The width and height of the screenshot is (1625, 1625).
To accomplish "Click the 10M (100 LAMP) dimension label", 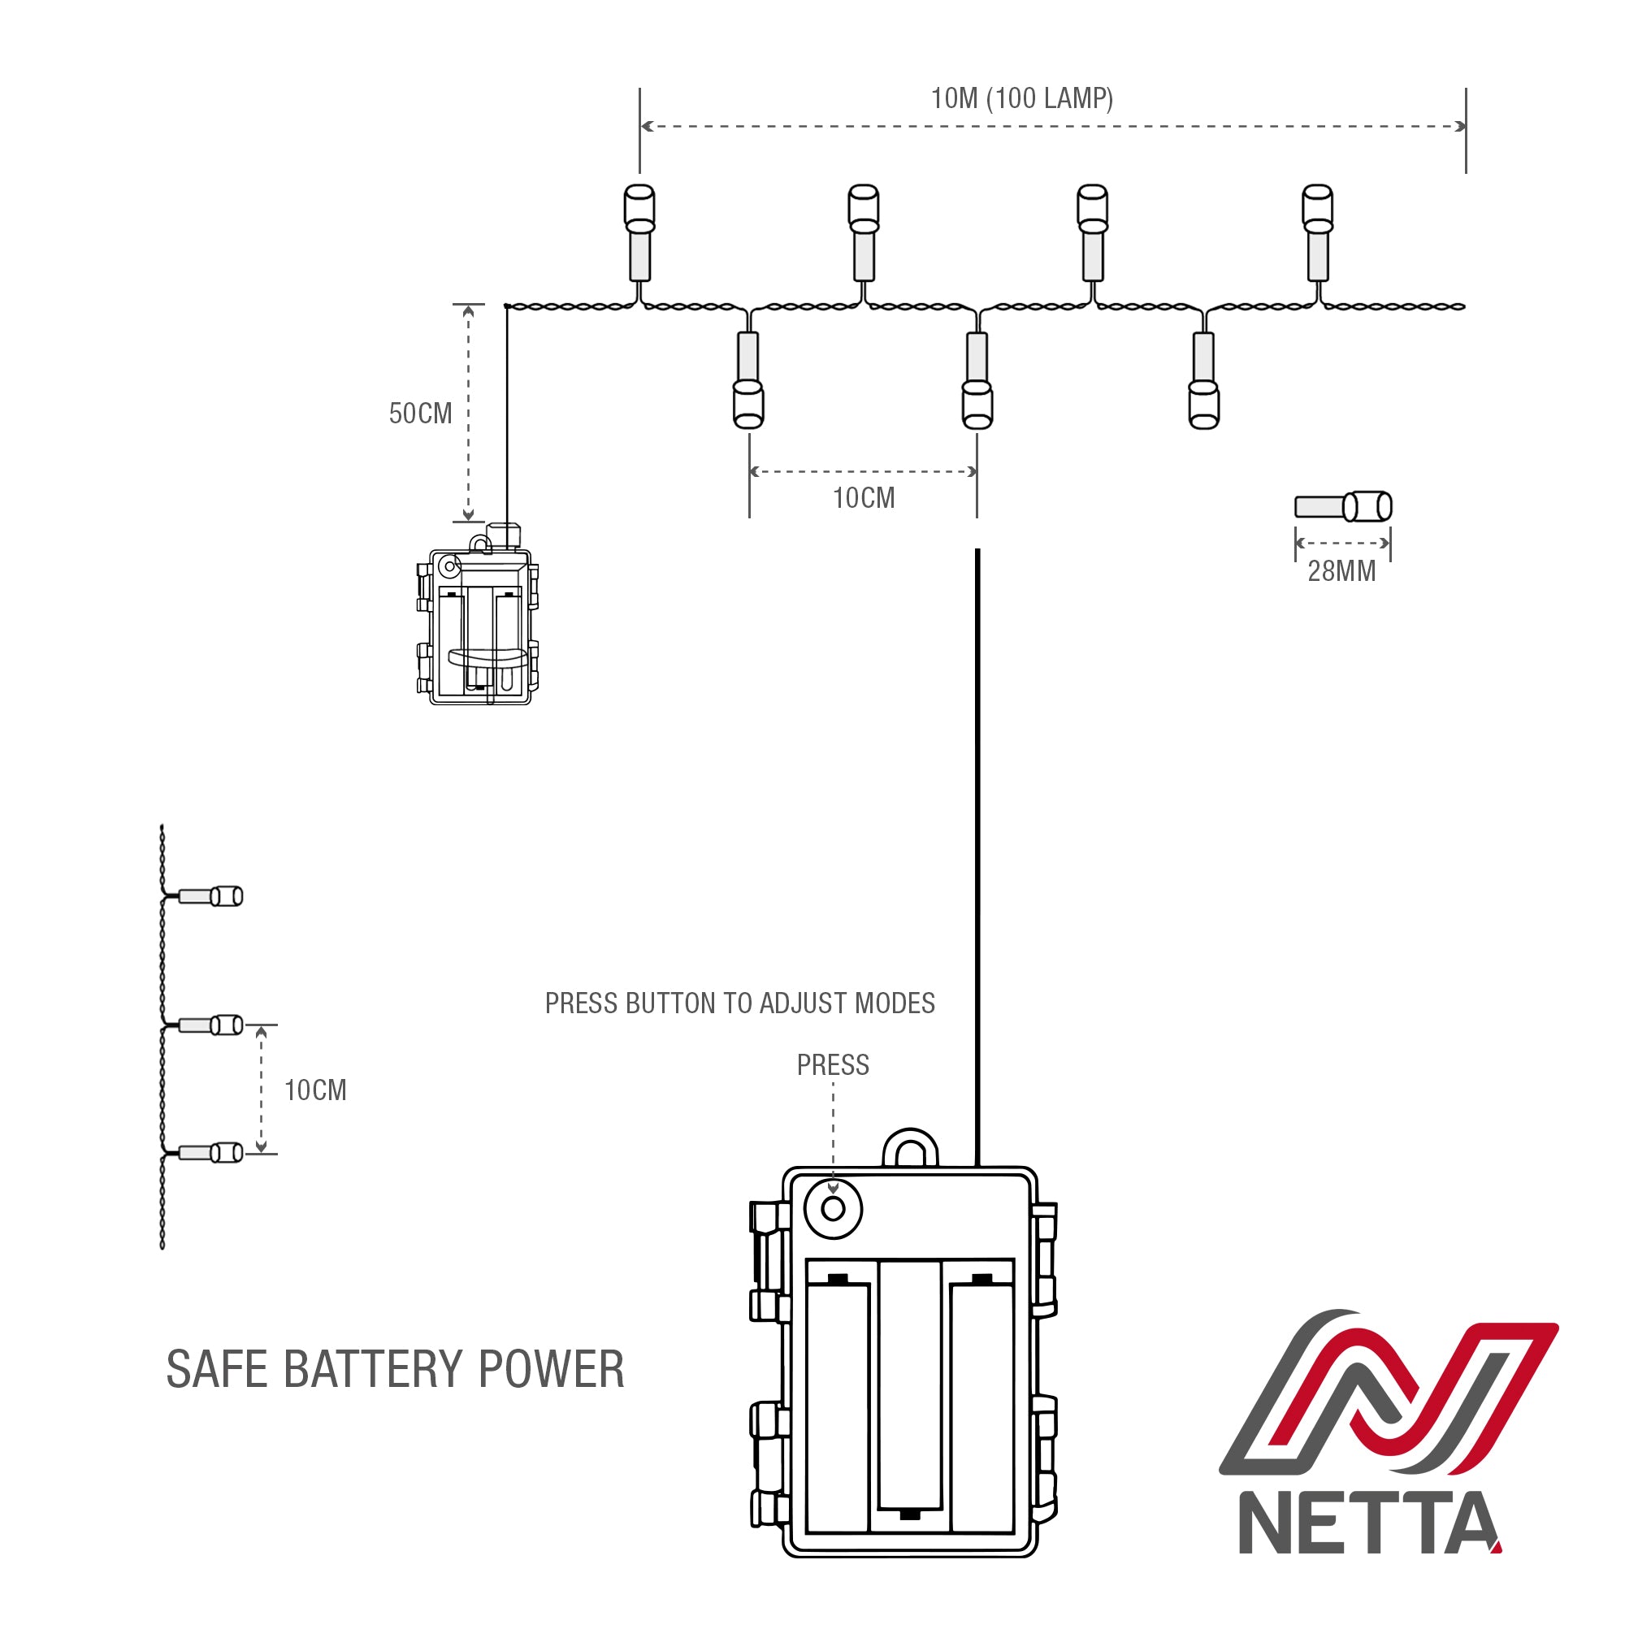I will (1021, 98).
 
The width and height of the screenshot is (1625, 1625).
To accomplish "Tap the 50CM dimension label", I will (420, 413).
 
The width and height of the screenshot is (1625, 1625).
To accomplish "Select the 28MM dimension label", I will (1341, 571).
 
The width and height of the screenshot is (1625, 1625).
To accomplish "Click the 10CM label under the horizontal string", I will (863, 498).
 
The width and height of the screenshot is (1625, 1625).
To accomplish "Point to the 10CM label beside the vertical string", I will (314, 1090).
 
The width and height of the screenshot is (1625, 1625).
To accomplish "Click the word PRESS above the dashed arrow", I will (832, 1065).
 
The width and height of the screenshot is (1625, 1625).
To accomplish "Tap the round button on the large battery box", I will (833, 1209).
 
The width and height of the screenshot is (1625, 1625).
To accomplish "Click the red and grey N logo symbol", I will (1388, 1401).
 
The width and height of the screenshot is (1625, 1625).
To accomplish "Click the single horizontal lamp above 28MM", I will (1342, 506).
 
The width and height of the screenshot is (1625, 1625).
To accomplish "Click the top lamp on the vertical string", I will (210, 897).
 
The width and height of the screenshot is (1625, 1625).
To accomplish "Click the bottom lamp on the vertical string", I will (210, 1152).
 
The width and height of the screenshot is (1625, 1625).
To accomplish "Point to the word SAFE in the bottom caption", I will (216, 1369).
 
